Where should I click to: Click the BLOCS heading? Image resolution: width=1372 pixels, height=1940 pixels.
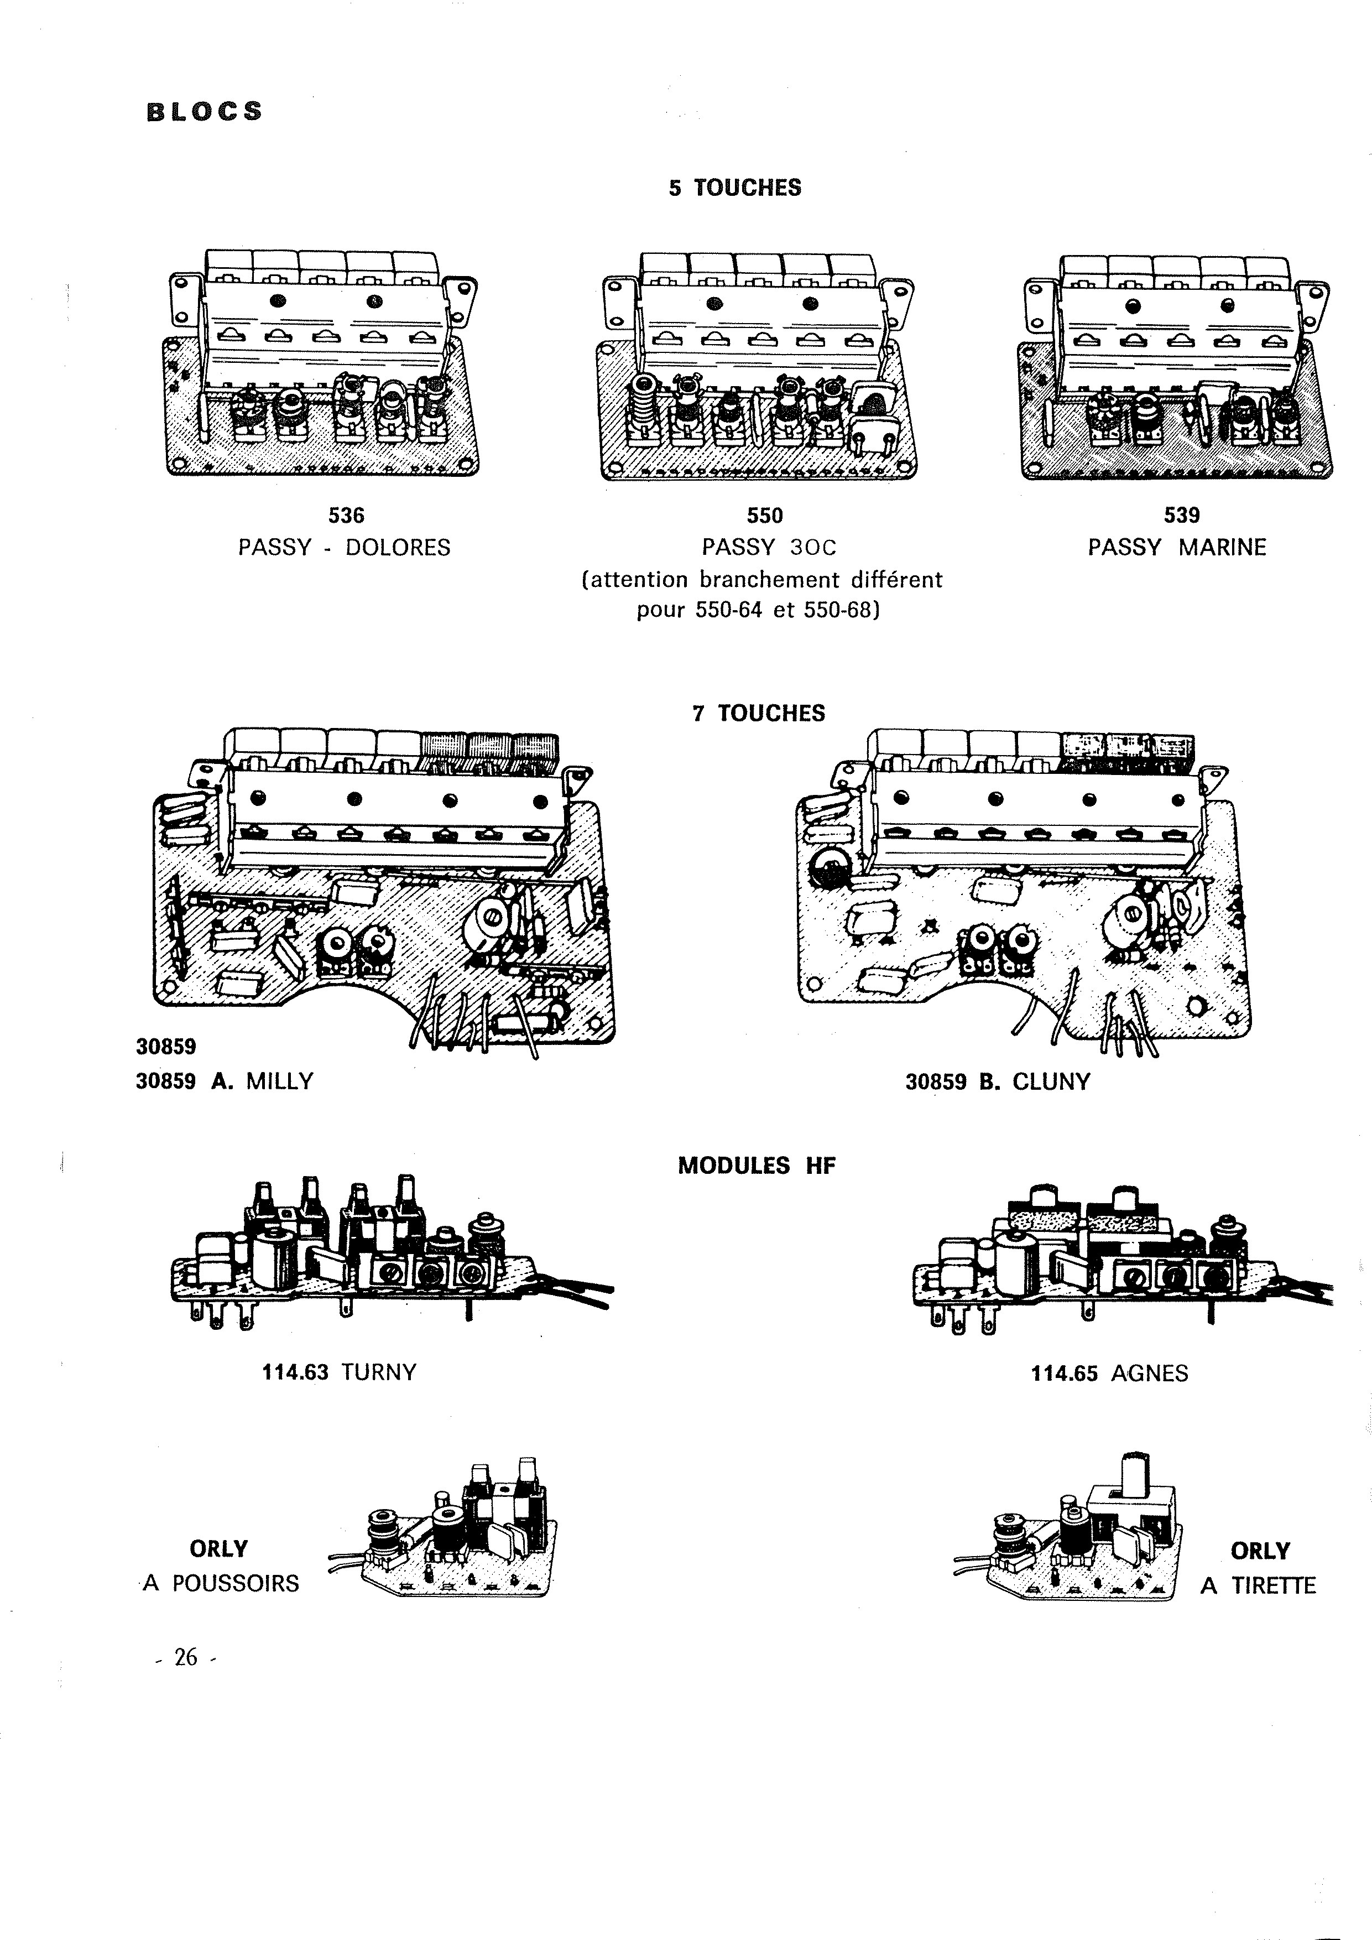click(x=205, y=112)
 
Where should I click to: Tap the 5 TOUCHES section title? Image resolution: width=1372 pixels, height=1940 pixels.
click(x=735, y=188)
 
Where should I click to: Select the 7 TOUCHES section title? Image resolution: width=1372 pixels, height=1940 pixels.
click(x=759, y=713)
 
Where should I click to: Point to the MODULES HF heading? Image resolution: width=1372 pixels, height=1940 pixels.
click(x=757, y=1166)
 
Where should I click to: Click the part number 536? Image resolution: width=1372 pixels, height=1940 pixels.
click(x=346, y=514)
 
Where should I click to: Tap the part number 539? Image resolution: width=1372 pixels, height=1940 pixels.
click(x=1181, y=514)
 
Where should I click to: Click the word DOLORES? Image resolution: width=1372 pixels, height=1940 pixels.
click(x=398, y=548)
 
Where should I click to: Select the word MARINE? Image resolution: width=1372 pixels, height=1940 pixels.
click(x=1223, y=548)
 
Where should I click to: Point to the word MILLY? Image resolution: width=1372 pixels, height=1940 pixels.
click(x=280, y=1081)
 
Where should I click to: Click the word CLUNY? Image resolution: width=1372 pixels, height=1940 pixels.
click(x=1051, y=1081)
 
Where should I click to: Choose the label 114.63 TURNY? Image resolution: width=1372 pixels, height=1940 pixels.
click(x=340, y=1372)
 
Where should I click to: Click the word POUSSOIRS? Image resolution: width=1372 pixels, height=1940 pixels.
click(x=236, y=1583)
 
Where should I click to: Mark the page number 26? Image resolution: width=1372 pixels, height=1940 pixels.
click(x=186, y=1658)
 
